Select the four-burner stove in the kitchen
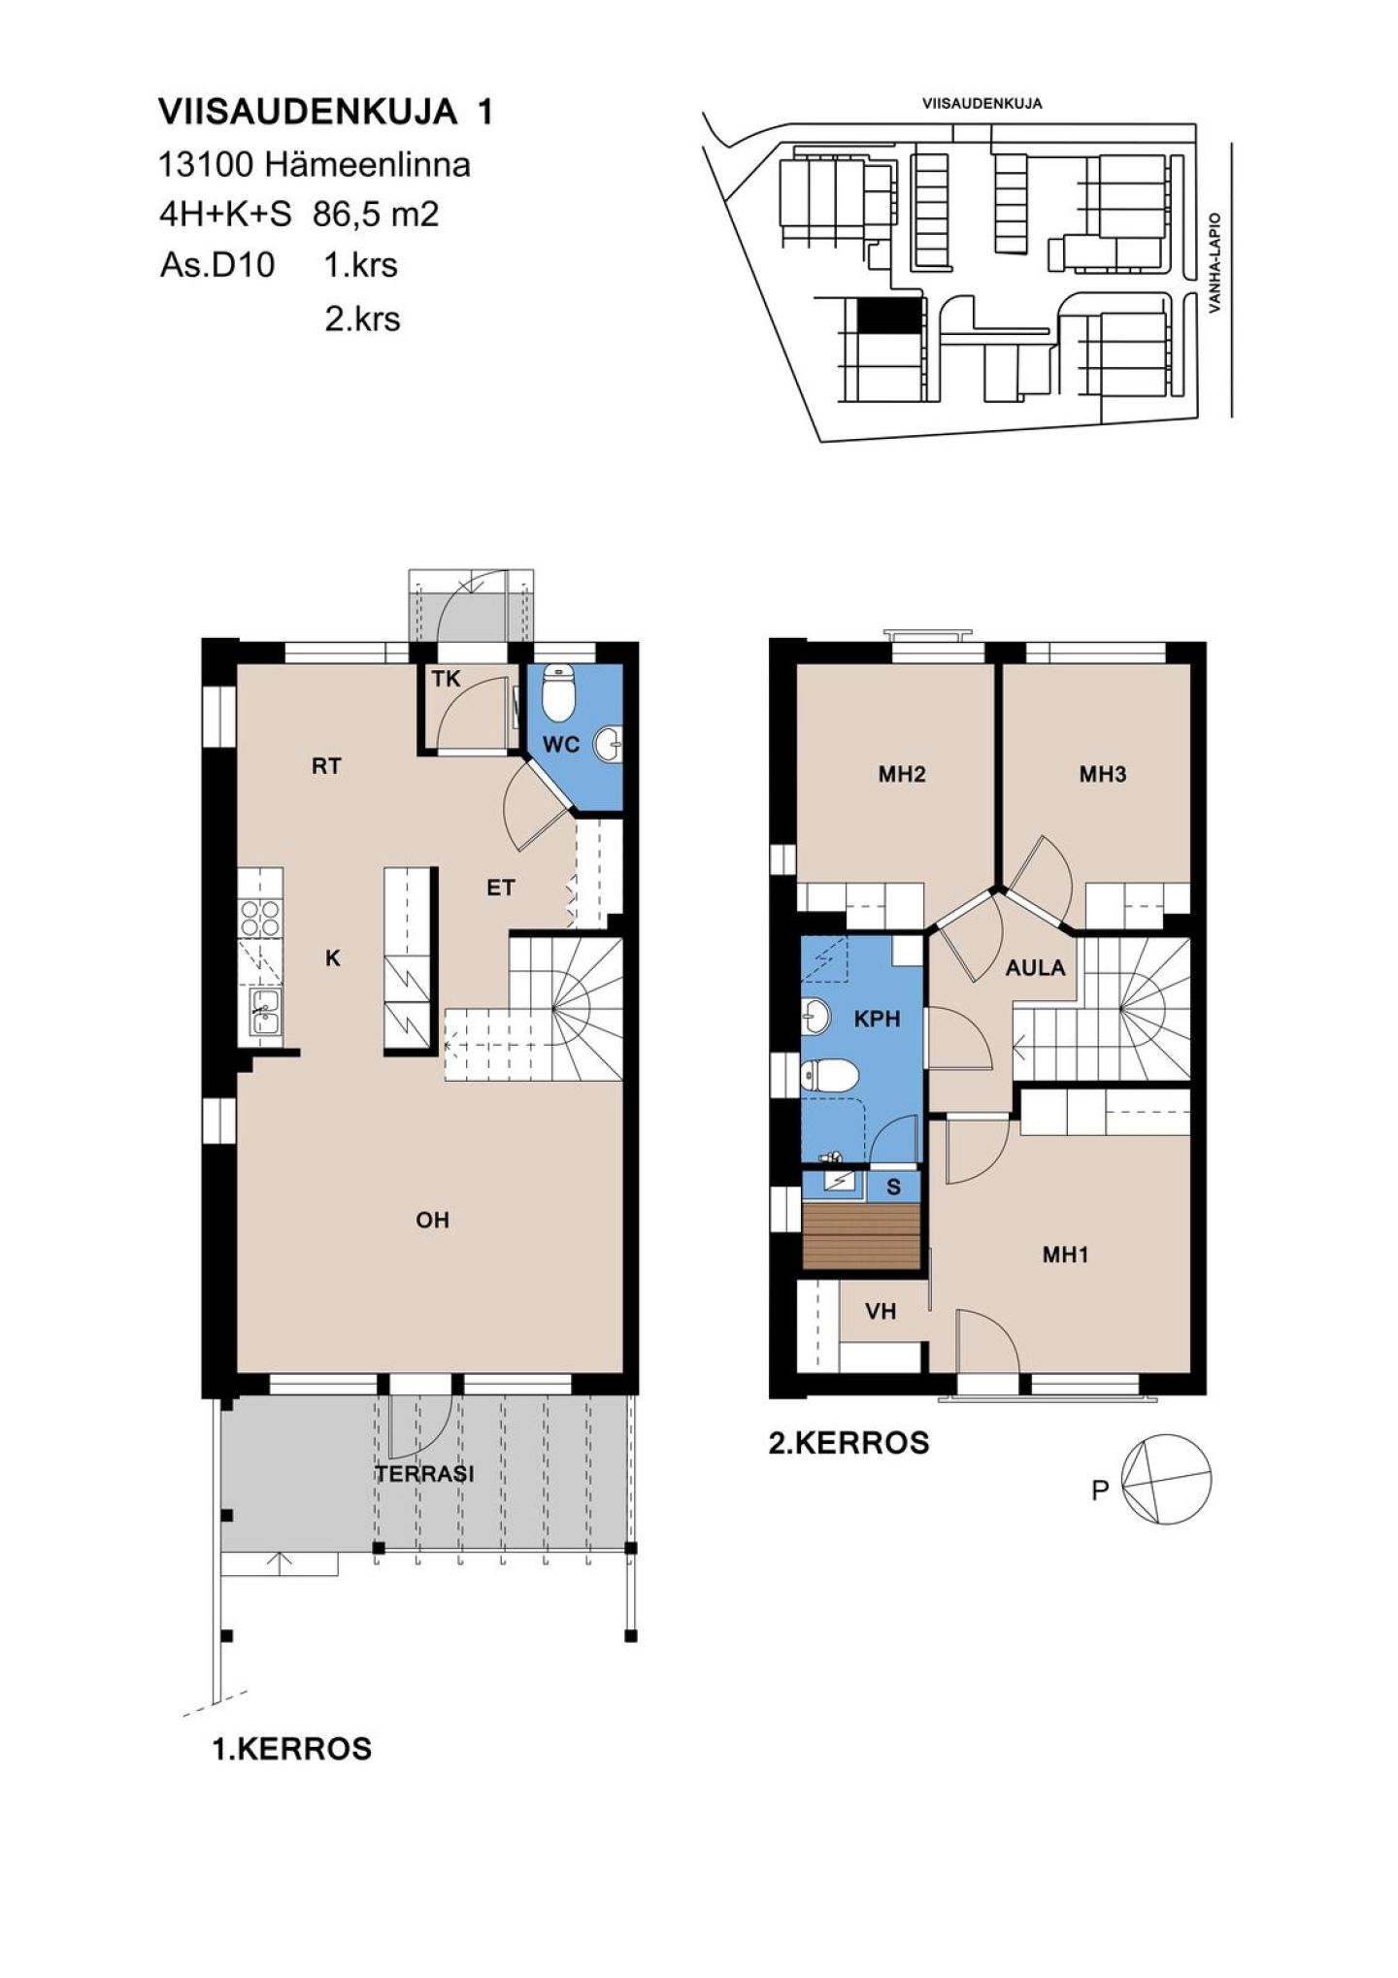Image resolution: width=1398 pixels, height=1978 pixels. pos(260,918)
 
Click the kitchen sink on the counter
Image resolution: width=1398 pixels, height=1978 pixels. pos(263,1012)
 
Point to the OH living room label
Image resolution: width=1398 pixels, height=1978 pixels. pos(433,1221)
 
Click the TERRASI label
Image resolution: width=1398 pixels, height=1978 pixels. pos(425,1473)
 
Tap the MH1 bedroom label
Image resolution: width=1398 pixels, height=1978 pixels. pos(1065,1255)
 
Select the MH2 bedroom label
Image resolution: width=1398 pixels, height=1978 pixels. pos(902,774)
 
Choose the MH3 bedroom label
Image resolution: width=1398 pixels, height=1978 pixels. pos(1103,774)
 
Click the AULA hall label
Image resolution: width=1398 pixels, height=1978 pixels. pos(1035,967)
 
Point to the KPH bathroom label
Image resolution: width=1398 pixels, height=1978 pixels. pos(877,1019)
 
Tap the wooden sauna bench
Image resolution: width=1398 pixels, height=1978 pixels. pos(861,1236)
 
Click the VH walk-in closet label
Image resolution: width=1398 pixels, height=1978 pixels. pos(881,1312)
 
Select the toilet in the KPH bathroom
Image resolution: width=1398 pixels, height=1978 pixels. pos(829,1076)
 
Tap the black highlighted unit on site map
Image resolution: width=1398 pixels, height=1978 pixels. pos(887,315)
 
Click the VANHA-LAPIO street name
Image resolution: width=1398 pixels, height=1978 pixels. pos(1214,263)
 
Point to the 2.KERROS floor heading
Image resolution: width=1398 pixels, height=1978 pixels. pos(849,1443)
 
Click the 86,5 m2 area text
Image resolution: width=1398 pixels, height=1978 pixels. pos(376,214)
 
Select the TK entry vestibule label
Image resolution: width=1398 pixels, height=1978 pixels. pos(446,678)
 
